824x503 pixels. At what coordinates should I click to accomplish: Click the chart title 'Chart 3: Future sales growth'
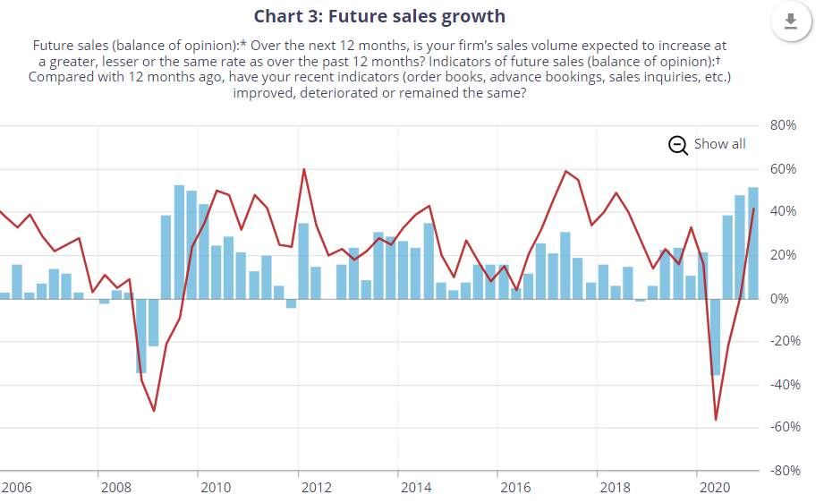[379, 16]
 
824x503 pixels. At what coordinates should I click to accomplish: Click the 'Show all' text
[719, 144]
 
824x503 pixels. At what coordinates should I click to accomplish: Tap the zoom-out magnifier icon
[678, 145]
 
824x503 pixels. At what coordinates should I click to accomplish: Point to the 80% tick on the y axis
[783, 125]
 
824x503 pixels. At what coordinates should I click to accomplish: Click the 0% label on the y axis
[778, 299]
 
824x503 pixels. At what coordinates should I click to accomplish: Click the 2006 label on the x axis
[17, 488]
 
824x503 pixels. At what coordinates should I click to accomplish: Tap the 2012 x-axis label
[317, 488]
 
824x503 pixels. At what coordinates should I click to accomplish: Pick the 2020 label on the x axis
[715, 488]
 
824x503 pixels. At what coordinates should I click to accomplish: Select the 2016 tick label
[515, 488]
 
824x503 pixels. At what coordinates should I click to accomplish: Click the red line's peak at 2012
[304, 169]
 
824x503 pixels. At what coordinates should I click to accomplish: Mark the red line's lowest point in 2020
[716, 420]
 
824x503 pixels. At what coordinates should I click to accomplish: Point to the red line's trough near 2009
[154, 411]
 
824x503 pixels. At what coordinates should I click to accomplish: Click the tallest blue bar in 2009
[179, 243]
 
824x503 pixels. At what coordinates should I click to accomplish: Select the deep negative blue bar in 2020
[715, 337]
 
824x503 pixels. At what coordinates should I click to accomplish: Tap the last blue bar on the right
[753, 243]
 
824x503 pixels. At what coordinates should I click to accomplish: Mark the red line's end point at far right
[753, 209]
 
